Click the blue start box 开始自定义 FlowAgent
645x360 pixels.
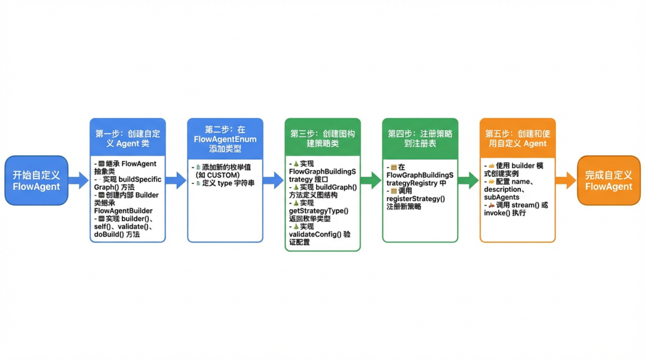(36, 180)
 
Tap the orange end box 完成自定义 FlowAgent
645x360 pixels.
(609, 180)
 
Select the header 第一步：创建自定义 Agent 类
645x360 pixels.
(127, 138)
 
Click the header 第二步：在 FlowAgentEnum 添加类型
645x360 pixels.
(225, 139)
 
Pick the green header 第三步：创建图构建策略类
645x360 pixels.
(322, 139)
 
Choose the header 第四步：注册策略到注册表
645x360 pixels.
(420, 139)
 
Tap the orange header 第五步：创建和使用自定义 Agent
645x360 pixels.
(517, 139)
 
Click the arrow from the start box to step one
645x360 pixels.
(78, 180)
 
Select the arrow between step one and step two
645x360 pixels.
(176, 180)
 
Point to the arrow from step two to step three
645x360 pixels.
(273, 180)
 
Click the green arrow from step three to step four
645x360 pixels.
(370, 180)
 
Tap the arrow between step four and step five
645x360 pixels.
(468, 180)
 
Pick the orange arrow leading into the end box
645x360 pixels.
(566, 180)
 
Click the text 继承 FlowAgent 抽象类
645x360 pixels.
(127, 168)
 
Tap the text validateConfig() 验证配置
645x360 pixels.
(319, 238)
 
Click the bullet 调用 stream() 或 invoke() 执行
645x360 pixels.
(517, 208)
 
